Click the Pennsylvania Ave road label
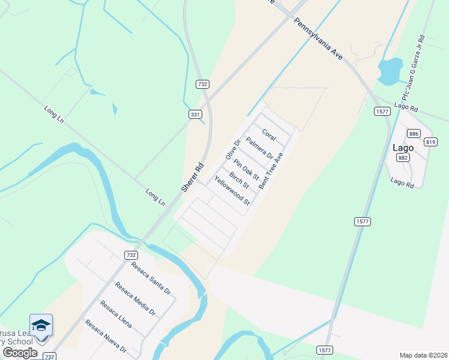(x=318, y=40)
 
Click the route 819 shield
(x=430, y=142)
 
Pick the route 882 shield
(x=403, y=158)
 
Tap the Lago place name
(x=403, y=147)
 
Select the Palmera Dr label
(x=260, y=149)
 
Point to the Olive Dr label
(x=232, y=149)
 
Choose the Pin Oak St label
(x=246, y=170)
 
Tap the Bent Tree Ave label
(x=271, y=170)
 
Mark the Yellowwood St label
(x=232, y=190)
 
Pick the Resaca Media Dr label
(x=135, y=298)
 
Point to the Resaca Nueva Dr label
(x=106, y=335)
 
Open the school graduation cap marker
(x=41, y=325)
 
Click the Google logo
(x=20, y=353)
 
